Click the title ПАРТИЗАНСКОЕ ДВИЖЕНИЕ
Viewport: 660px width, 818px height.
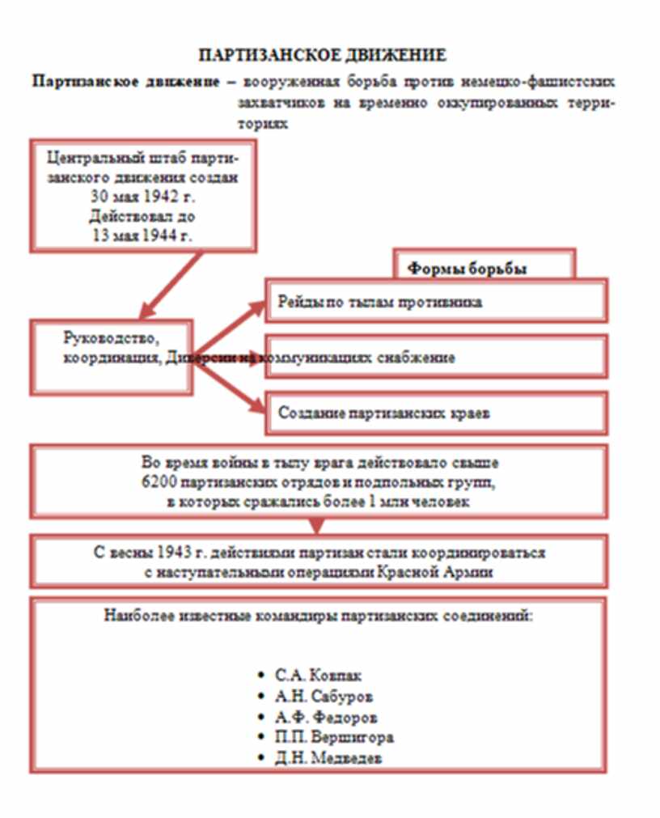pyautogui.click(x=323, y=56)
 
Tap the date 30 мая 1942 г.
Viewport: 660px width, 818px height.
pyautogui.click(x=145, y=196)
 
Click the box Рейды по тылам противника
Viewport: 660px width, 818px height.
pyautogui.click(x=437, y=303)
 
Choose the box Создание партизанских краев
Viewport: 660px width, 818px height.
pyautogui.click(x=437, y=413)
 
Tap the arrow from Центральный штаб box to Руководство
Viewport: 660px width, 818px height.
pyautogui.click(x=171, y=285)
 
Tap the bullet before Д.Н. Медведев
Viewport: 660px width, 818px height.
pyautogui.click(x=260, y=759)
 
